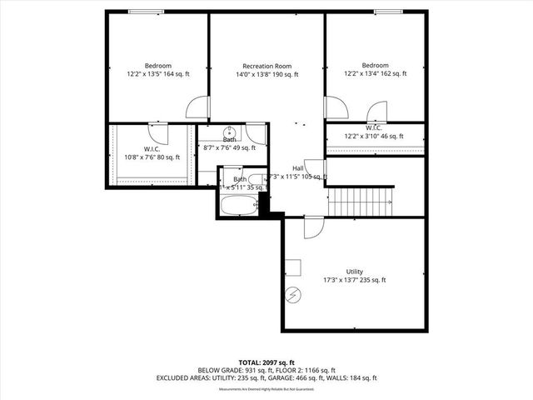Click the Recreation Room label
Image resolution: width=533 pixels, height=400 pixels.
point(266,66)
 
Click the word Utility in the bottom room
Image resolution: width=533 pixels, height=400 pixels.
point(354,272)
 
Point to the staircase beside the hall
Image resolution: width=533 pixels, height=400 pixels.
point(361,199)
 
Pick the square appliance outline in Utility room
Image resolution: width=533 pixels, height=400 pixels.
point(292,267)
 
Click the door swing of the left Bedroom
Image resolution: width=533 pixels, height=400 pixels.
point(197,107)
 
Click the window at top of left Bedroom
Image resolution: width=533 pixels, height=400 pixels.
point(147,12)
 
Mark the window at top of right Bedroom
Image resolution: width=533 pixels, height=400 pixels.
point(388,12)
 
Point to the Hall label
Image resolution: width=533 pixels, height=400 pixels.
point(297,168)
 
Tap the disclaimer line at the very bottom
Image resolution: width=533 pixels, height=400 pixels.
point(266,389)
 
